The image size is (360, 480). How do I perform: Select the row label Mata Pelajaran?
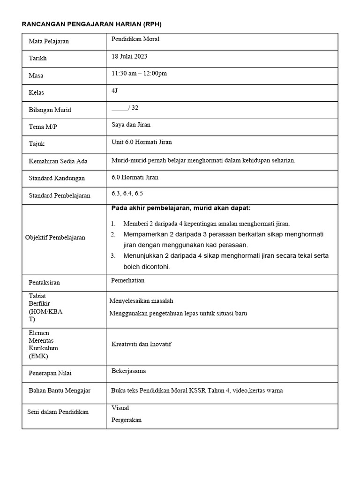coord(49,41)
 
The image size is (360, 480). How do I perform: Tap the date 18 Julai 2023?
coord(129,56)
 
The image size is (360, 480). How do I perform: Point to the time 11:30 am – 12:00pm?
coord(139,74)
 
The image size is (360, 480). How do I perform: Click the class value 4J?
coord(115,90)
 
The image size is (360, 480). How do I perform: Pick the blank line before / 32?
coord(120,109)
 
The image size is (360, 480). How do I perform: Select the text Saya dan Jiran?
coord(131,125)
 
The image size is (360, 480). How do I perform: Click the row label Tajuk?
coord(37,144)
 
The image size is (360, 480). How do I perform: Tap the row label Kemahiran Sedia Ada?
coord(58,161)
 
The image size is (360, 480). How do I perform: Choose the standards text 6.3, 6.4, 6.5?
coord(127,193)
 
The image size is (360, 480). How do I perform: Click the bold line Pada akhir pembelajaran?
coord(181,208)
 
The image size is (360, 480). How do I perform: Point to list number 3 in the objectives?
coord(113,256)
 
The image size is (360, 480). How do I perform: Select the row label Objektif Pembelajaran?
coord(55,238)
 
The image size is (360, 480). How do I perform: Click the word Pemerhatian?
coord(128,280)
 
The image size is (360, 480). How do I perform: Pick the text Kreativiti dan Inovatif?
coord(141,344)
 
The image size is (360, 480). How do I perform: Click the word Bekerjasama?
coord(128,371)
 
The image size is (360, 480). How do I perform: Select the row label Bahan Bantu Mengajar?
coord(60,390)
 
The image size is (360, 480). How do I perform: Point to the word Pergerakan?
coord(127,420)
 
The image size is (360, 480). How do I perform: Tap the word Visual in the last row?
coord(120,408)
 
